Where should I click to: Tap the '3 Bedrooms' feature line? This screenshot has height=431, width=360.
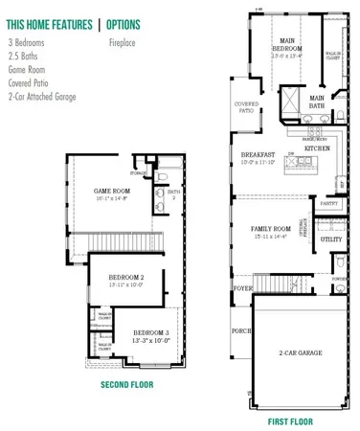coord(28,43)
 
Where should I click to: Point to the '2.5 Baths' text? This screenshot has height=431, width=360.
coord(23,57)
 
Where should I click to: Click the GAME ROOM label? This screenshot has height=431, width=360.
coord(114,191)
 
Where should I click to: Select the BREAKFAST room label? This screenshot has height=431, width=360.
coord(258,154)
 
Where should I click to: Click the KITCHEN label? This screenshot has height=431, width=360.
coord(317,149)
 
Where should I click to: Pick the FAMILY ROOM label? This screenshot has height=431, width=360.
coord(270,229)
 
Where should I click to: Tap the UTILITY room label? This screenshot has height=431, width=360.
coord(330,239)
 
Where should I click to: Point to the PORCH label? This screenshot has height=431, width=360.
coord(239,335)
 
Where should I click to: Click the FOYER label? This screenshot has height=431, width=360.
coord(242,284)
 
